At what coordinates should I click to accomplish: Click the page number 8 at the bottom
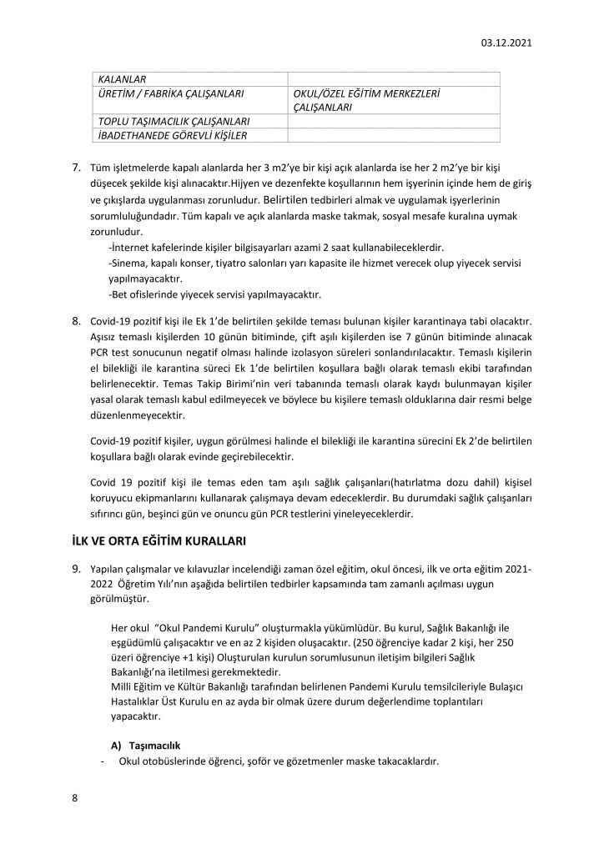coord(74,798)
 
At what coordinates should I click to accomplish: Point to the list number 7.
coord(75,168)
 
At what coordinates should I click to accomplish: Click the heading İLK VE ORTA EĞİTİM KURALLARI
coord(159,541)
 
